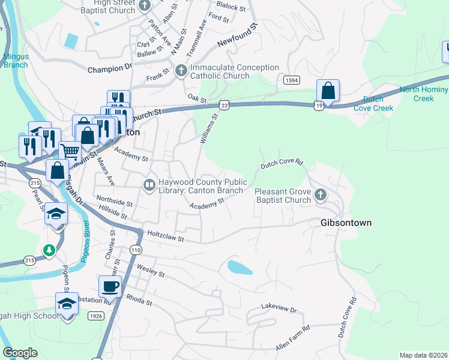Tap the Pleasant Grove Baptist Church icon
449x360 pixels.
pos(321,194)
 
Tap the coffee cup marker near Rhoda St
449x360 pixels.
pos(110,287)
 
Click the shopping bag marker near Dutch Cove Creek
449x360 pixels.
pos(328,91)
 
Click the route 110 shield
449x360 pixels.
pos(136,250)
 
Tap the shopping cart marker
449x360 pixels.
pos(70,152)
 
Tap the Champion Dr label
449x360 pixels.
pos(109,70)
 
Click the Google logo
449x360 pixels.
pos(20,353)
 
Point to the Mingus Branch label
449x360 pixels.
pos(16,61)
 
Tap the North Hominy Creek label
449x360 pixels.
pos(424,94)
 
